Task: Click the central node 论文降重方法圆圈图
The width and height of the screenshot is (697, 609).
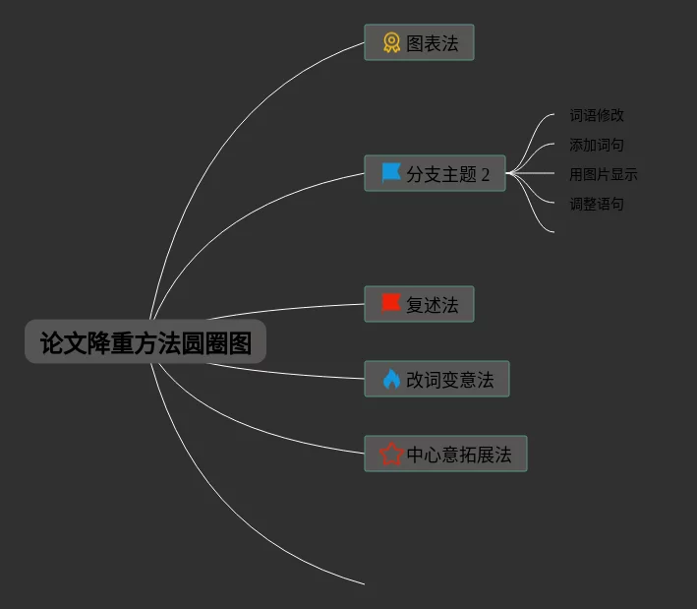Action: coord(145,342)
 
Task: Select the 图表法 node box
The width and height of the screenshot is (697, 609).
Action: coord(419,43)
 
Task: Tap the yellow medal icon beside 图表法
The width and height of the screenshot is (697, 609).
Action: coord(391,43)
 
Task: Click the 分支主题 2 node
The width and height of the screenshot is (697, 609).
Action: coord(435,174)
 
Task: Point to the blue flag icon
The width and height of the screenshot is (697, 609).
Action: coord(391,173)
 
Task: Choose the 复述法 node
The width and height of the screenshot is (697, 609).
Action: coord(419,304)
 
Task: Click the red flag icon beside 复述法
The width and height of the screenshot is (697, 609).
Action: coord(390,303)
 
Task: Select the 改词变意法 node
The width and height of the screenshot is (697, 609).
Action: coord(436,380)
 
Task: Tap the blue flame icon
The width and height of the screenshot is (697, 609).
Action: coord(391,380)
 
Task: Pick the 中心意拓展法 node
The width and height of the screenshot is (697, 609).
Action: coord(445,455)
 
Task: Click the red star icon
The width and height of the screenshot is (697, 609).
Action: coord(391,455)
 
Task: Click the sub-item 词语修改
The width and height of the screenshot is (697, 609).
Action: coord(597,115)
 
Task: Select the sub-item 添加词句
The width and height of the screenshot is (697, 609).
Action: coord(597,145)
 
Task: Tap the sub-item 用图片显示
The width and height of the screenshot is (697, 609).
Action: coord(604,174)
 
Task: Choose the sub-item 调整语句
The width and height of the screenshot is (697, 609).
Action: coord(597,204)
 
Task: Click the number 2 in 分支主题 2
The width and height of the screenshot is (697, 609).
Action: coord(485,175)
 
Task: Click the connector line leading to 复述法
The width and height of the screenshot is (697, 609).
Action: coord(285,310)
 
